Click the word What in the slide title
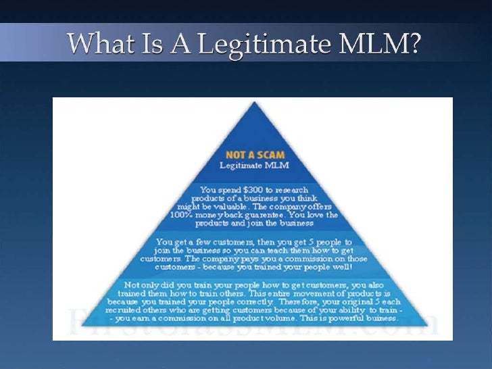tap(97, 45)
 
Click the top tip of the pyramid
tap(254, 102)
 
